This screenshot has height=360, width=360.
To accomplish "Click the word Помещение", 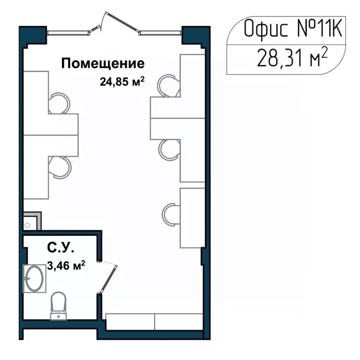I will point(103,63).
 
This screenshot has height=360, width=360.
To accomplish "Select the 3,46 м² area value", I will point(66,266).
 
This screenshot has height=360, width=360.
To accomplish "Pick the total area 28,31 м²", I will point(291,59).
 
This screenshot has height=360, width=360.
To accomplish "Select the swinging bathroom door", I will point(108,279).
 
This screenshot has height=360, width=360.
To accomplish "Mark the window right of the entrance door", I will point(160,32).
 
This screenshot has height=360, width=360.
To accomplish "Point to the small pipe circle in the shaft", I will point(28,225).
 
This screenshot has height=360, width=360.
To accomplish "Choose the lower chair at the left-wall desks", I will point(60,167).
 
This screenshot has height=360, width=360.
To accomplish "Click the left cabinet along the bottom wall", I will point(130,321).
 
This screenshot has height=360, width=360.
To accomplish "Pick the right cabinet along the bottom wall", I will point(179,321).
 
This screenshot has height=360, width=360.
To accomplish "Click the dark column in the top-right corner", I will point(192,36).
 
